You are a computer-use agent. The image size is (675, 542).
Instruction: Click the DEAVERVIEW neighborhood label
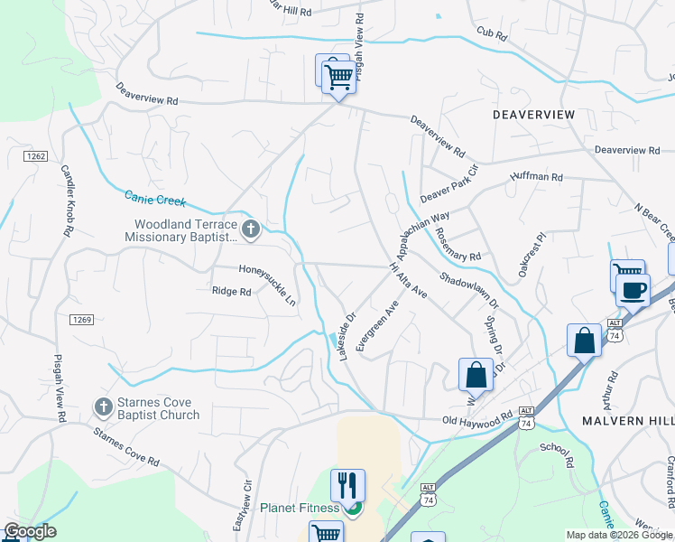(x=533, y=115)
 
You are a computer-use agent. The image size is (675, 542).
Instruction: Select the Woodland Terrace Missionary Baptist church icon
(x=251, y=229)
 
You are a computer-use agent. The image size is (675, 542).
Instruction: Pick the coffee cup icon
(x=633, y=290)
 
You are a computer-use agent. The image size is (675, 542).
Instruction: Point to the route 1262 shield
(x=35, y=156)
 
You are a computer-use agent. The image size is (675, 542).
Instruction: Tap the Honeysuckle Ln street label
(x=267, y=283)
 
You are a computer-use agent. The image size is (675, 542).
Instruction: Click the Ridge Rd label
(x=230, y=291)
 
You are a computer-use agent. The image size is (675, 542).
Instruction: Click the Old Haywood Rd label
(x=477, y=421)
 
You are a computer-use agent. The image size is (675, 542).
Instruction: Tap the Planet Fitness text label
(x=301, y=508)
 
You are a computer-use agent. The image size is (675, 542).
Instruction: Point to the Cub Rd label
(x=491, y=33)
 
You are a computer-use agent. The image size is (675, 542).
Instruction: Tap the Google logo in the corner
(x=30, y=530)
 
